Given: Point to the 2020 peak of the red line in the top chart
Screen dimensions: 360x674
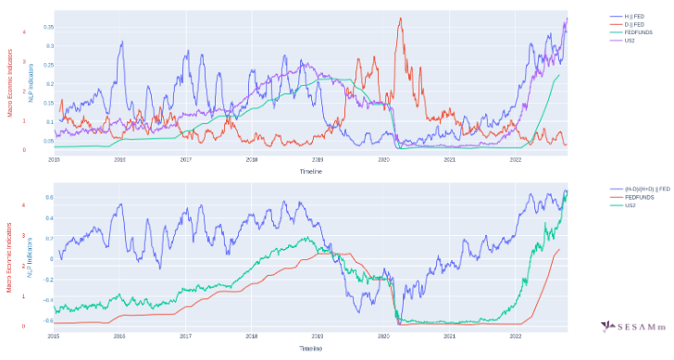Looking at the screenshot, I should (400, 19).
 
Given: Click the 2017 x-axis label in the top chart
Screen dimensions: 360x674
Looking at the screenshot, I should (186, 159).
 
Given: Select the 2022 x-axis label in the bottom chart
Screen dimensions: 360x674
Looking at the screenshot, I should (516, 337).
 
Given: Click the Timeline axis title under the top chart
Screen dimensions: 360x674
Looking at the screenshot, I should (311, 171).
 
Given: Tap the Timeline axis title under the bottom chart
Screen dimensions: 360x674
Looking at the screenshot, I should (311, 349).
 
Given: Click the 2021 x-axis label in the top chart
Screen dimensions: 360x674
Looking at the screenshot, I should (450, 159).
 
